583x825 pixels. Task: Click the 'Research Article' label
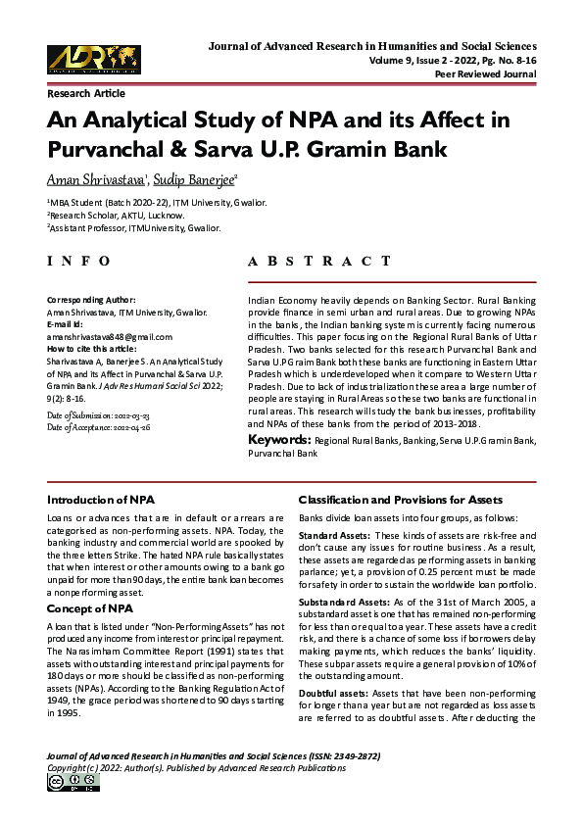pyautogui.click(x=86, y=94)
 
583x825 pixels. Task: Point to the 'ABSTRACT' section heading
pyautogui.click(x=319, y=262)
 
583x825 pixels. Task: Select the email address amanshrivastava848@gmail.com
pyautogui.click(x=110, y=335)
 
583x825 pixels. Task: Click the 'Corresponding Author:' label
pyautogui.click(x=91, y=299)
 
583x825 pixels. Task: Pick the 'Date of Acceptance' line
pyautogui.click(x=98, y=427)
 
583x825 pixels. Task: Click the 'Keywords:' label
pyautogui.click(x=279, y=441)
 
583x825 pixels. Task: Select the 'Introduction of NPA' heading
pyautogui.click(x=101, y=500)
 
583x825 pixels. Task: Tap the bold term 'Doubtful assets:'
pyautogui.click(x=333, y=695)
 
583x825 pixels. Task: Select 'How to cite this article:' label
pyautogui.click(x=94, y=348)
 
